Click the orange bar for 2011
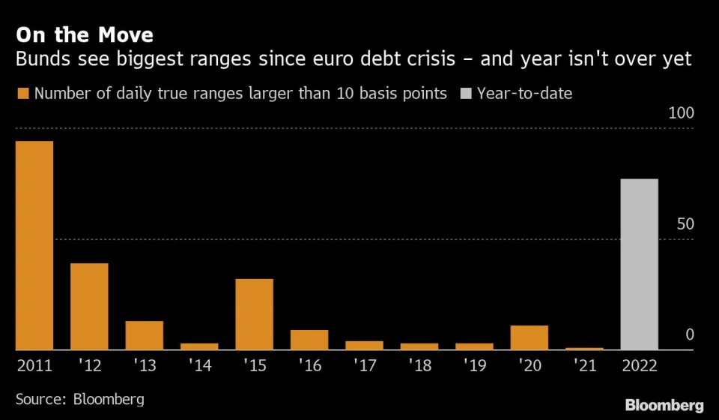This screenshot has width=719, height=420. (34, 245)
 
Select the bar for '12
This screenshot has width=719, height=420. (89, 306)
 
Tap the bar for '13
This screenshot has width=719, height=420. (145, 335)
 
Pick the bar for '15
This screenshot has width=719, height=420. (254, 314)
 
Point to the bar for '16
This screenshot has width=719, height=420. (309, 340)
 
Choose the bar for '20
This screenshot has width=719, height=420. (530, 337)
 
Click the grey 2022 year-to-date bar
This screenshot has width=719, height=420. (640, 264)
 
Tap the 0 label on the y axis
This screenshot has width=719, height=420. (691, 334)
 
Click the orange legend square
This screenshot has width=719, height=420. (22, 94)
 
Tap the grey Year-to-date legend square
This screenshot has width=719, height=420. (465, 94)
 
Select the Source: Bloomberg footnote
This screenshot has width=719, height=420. (79, 397)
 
